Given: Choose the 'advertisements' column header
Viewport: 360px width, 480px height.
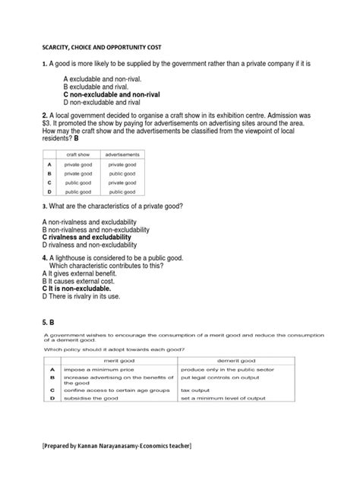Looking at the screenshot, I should click(x=122, y=154).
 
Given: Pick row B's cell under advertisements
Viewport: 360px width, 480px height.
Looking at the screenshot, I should click(x=122, y=173).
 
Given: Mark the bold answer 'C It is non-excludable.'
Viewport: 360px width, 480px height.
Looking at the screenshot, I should click(x=76, y=289).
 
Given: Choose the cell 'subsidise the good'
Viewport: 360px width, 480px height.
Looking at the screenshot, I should click(x=86, y=399).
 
